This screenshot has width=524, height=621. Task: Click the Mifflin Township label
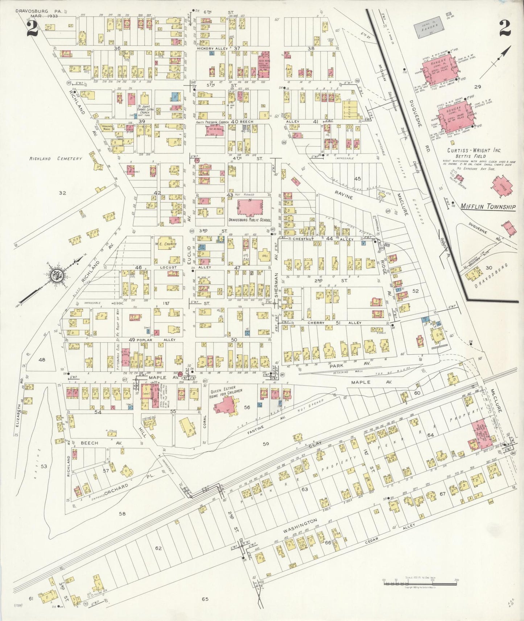coord(488,207)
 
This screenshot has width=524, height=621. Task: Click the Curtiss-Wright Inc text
coord(469,150)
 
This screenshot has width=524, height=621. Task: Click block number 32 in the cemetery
coord(62,193)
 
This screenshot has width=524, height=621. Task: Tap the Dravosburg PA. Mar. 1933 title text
coord(39,13)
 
